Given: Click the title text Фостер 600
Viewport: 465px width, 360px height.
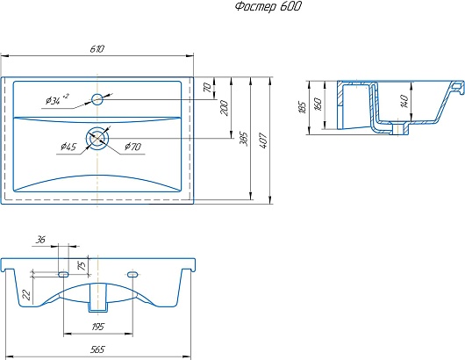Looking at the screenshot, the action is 268,6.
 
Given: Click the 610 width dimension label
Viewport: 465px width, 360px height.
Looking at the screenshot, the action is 97,48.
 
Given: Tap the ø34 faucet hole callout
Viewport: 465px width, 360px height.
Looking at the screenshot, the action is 58,99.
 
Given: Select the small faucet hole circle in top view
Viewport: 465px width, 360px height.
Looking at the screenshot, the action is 97,99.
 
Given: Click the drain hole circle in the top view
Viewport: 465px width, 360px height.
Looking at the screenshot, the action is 97,138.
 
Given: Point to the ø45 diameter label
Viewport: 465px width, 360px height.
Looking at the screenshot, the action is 68,147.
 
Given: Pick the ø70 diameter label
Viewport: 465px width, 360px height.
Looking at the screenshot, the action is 133,147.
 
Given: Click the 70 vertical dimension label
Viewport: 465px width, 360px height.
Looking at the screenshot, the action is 208,87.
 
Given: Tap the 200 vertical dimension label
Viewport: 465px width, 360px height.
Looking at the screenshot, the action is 225,108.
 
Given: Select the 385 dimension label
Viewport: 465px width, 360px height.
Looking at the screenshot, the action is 243,139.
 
